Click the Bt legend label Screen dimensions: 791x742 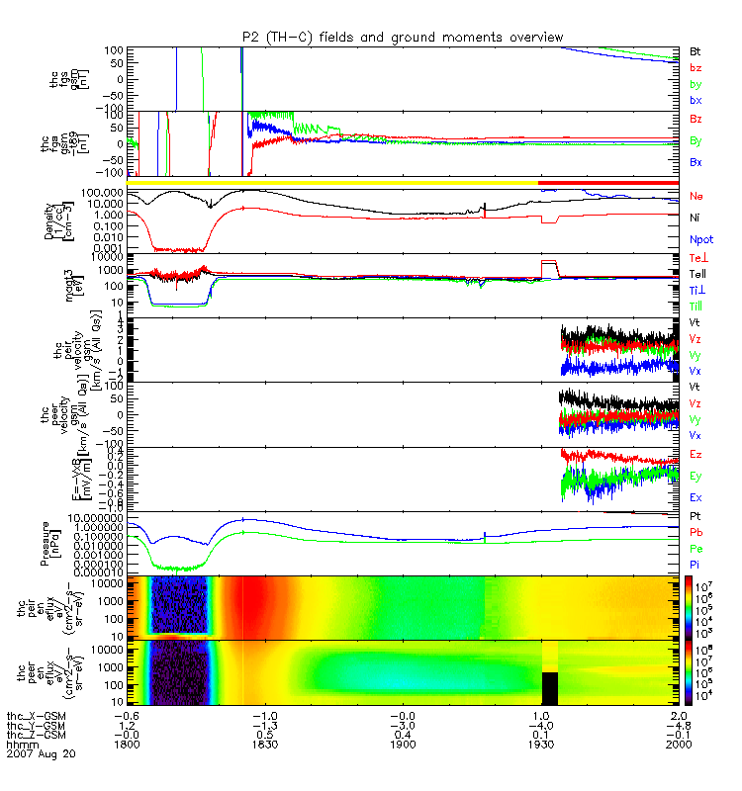(x=696, y=49)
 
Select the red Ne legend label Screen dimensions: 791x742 (x=696, y=194)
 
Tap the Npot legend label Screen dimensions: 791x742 (x=700, y=239)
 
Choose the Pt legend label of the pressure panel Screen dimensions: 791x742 (x=696, y=517)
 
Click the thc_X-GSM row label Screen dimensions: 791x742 (x=34, y=714)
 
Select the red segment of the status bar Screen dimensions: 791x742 (x=607, y=183)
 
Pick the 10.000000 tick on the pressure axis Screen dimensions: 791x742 (x=96, y=517)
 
